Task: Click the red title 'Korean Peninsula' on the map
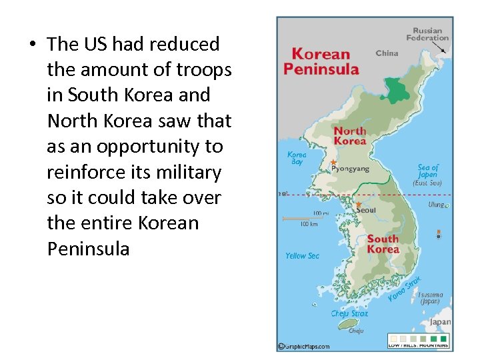tap(321, 61)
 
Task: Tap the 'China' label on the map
tap(387, 53)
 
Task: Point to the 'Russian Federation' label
tap(427, 34)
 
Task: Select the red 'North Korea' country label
tap(350, 136)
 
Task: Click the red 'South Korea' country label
tap(383, 244)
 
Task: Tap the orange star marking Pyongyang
tap(334, 163)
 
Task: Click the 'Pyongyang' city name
tap(349, 169)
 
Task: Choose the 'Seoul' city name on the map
tap(366, 210)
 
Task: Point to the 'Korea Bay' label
tap(297, 158)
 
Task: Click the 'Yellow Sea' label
tap(302, 256)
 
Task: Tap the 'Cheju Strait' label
tap(349, 313)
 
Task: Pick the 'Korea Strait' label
tap(405, 288)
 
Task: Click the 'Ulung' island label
tap(437, 205)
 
